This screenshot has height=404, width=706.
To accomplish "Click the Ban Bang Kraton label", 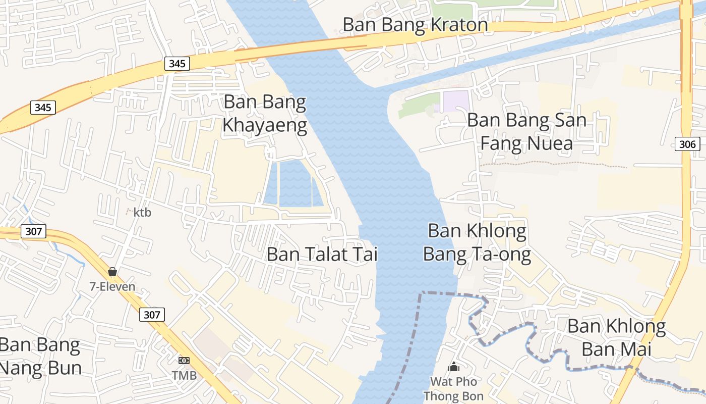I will click(415, 25).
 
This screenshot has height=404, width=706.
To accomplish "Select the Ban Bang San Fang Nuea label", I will click(526, 131).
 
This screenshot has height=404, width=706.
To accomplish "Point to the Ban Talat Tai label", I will click(322, 254).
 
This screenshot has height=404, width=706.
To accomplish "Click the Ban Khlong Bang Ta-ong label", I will click(477, 242).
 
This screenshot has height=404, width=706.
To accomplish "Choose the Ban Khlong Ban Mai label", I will click(616, 337).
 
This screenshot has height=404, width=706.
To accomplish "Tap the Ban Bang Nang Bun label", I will click(40, 357).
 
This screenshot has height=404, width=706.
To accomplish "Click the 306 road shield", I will click(687, 144).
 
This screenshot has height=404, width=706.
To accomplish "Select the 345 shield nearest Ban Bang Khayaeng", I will click(177, 64).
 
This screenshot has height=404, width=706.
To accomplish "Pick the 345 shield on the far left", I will click(43, 107).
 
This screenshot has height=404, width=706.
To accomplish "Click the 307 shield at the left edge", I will click(34, 232).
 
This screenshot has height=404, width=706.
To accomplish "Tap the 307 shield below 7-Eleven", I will click(152, 315).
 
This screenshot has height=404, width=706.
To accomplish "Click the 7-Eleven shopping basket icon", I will click(112, 272).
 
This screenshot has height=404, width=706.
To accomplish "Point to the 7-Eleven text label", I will click(112, 287).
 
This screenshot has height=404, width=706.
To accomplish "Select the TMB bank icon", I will click(184, 361).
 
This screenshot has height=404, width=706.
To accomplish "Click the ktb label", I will click(142, 213).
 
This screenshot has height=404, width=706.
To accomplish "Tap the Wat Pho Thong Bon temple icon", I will click(454, 367).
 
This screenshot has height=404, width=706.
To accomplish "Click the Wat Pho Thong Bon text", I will click(453, 389).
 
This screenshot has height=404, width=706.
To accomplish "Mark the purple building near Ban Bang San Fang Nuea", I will click(455, 102).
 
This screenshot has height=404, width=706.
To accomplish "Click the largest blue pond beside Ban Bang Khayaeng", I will click(295, 184).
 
